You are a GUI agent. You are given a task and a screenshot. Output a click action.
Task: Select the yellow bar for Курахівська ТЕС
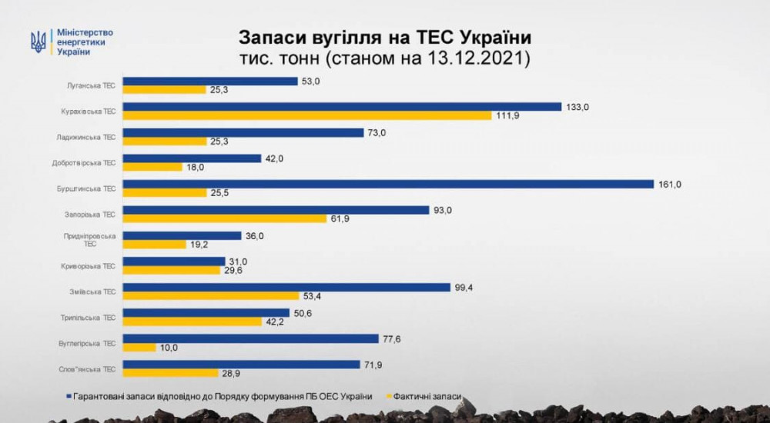click(x=306, y=115)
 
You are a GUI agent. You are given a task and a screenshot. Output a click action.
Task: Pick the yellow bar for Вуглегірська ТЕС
click(x=139, y=348)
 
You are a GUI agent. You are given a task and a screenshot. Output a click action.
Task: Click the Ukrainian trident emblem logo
click(x=38, y=42)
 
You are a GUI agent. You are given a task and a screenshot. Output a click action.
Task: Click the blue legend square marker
click(x=68, y=397)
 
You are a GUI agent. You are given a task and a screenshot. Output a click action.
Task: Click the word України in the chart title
click(x=494, y=38)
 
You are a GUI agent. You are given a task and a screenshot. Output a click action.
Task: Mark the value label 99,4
click(x=464, y=287)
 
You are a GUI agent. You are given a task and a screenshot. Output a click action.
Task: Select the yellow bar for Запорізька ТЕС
click(x=224, y=218)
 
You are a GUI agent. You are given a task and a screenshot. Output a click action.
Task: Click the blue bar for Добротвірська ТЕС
click(x=192, y=158)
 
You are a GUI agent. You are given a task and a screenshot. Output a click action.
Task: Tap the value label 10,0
click(x=169, y=348)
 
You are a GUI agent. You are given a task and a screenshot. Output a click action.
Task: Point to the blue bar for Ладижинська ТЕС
click(x=243, y=132)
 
